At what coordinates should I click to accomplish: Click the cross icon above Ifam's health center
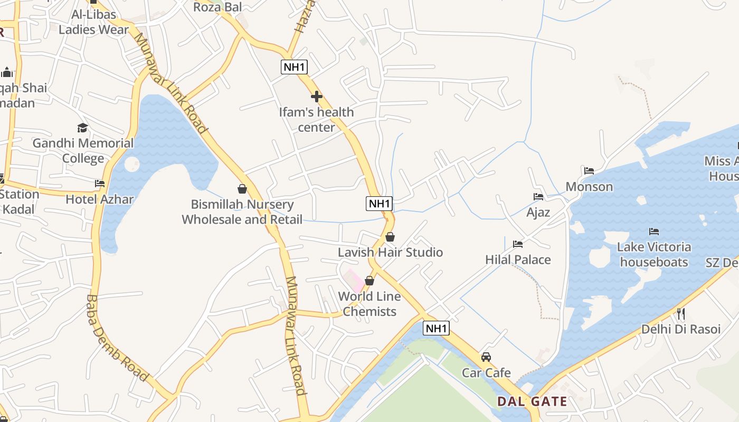tap(317, 97)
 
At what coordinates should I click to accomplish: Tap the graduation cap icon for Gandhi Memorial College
tap(82, 128)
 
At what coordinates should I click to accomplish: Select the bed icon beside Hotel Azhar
tap(100, 184)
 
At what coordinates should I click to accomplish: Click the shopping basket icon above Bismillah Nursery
tap(242, 188)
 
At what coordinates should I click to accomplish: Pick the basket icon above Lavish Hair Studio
tap(390, 237)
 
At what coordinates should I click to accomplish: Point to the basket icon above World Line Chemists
tap(369, 281)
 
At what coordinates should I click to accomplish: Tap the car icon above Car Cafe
tap(486, 357)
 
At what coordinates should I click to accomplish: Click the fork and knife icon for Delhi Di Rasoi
tap(681, 314)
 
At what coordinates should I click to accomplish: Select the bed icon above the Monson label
tap(589, 171)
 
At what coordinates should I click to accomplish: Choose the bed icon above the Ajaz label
tap(538, 197)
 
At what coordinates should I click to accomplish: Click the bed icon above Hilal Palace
tap(518, 244)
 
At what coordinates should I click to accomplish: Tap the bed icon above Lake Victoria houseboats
tap(654, 231)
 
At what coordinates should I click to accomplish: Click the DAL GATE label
tap(532, 401)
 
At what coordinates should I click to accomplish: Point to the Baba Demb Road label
tap(116, 338)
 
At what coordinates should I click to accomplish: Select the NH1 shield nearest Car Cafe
tap(436, 328)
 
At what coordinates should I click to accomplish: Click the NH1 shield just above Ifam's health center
tap(294, 67)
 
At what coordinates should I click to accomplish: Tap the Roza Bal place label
tap(217, 7)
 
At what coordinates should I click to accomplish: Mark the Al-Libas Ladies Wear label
tap(93, 22)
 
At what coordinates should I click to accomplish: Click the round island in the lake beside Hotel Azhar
tap(131, 164)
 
